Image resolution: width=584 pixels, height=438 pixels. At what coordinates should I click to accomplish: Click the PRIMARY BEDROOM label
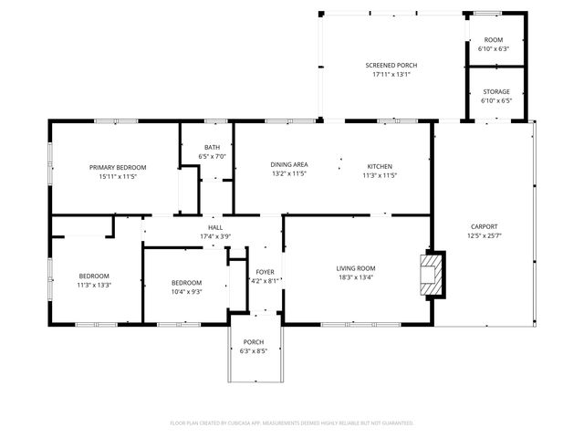[x=118, y=167]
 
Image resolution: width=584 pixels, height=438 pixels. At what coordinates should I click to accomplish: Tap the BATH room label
[x=212, y=148]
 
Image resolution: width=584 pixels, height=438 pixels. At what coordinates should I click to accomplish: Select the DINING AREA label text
[x=288, y=164]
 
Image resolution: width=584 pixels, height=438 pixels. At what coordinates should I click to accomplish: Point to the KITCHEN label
[x=380, y=164]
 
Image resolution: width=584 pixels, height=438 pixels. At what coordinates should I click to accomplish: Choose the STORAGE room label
[x=496, y=91]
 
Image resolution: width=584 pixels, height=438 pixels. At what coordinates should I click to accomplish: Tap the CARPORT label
[x=484, y=226]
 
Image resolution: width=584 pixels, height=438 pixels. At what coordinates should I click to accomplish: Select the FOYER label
[x=265, y=272]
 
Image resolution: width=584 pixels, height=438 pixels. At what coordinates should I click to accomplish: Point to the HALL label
[x=215, y=227]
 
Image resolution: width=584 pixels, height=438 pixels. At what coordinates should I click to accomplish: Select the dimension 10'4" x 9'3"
[x=185, y=292]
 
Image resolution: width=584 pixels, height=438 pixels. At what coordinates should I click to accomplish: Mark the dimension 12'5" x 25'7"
[x=484, y=235]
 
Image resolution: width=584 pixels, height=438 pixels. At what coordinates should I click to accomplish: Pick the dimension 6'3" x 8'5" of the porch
[x=253, y=351]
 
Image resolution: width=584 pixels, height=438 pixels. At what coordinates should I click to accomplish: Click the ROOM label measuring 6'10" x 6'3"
[x=494, y=40]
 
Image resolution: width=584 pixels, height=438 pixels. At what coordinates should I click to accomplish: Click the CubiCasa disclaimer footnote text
[x=292, y=422]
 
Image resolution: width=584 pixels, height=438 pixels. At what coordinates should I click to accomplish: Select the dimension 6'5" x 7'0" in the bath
[x=212, y=157]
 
